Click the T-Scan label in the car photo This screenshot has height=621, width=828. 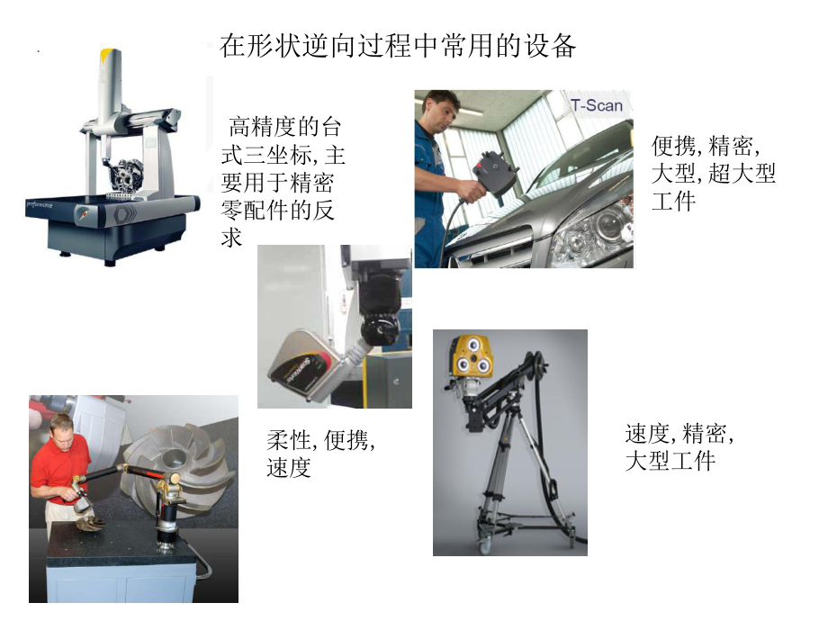click(596, 105)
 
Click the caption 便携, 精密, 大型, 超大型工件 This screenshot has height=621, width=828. click(713, 173)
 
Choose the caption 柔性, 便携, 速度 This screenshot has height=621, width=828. click(320, 454)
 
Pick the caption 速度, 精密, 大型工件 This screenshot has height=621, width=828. click(679, 447)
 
